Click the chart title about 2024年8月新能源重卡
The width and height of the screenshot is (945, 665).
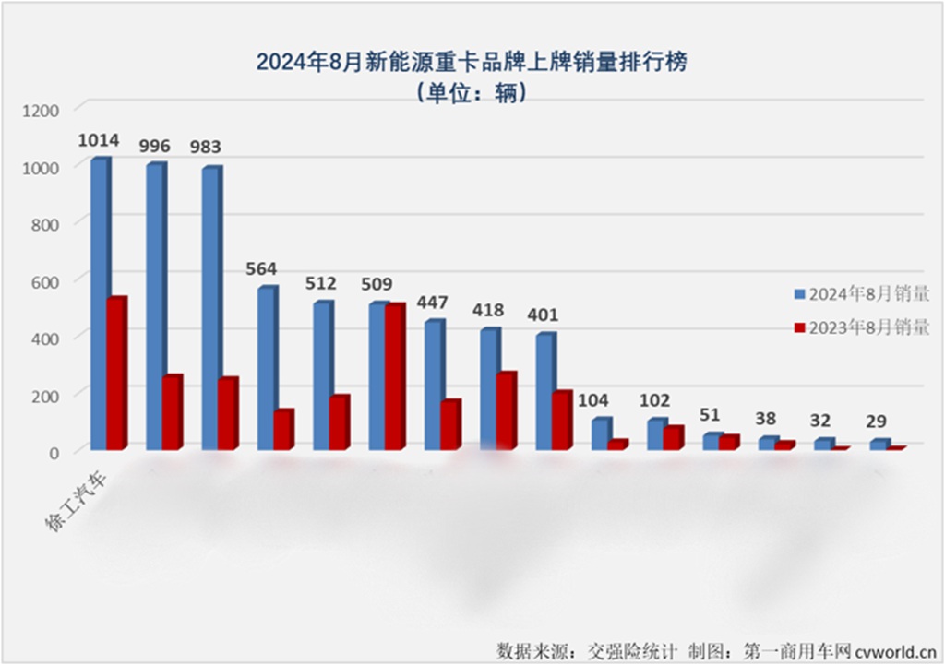[472, 63]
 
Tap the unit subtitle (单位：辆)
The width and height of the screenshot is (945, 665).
[472, 94]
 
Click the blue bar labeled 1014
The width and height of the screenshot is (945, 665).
[99, 304]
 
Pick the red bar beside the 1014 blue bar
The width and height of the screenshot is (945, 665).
[116, 374]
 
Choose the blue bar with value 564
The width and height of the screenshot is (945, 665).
[267, 369]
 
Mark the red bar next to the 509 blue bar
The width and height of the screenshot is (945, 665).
[395, 377]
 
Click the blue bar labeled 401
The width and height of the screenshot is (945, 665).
[545, 392]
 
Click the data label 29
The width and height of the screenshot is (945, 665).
[878, 422]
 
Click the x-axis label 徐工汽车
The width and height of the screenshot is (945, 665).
[78, 502]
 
